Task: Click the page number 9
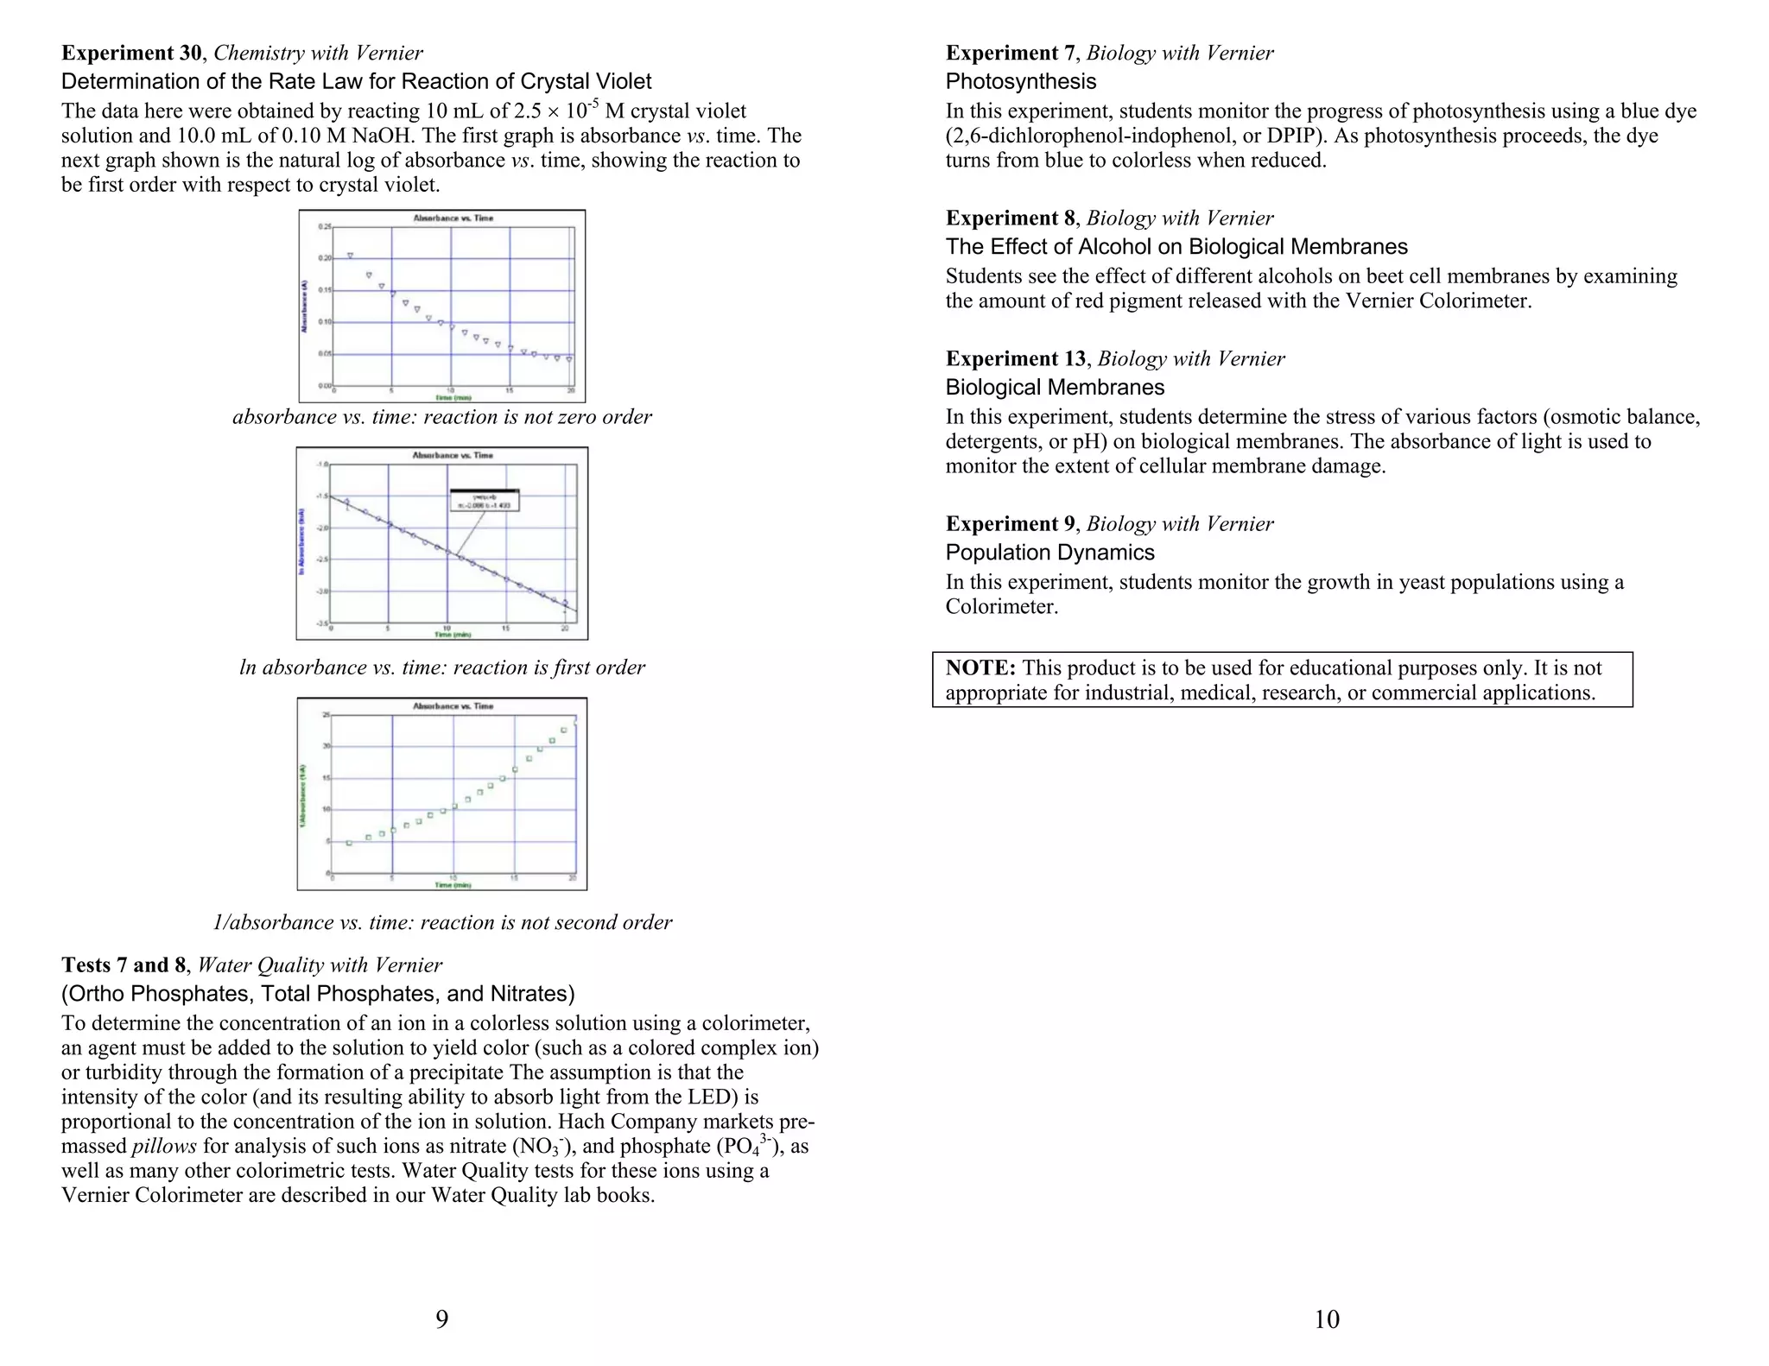coord(441,1319)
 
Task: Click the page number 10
coord(1326,1319)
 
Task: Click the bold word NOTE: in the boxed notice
coord(980,667)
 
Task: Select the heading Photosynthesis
coord(1020,81)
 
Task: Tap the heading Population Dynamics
coord(1049,552)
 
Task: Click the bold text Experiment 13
coord(1016,358)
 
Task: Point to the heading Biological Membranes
coord(1055,387)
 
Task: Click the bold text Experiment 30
coord(131,53)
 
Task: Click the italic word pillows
coord(164,1146)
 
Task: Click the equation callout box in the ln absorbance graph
coord(484,499)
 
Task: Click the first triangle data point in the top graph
coord(350,256)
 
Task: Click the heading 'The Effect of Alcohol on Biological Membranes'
coord(1176,247)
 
